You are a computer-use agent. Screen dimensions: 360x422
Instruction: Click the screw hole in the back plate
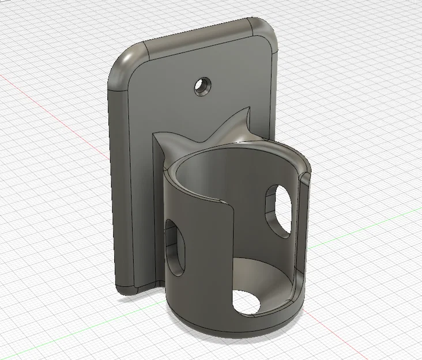pos(202,86)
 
